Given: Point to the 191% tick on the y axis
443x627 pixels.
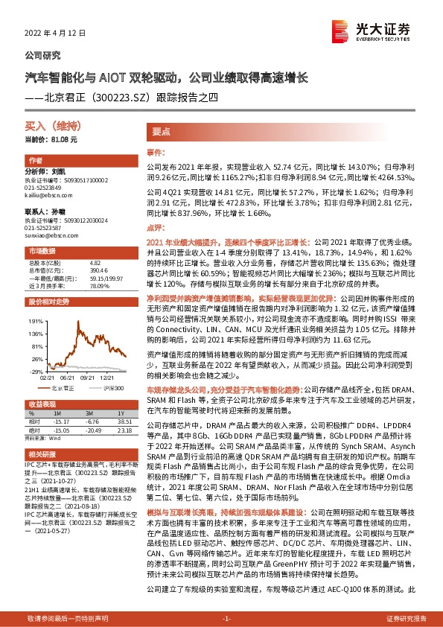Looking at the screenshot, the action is coord(34,320).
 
